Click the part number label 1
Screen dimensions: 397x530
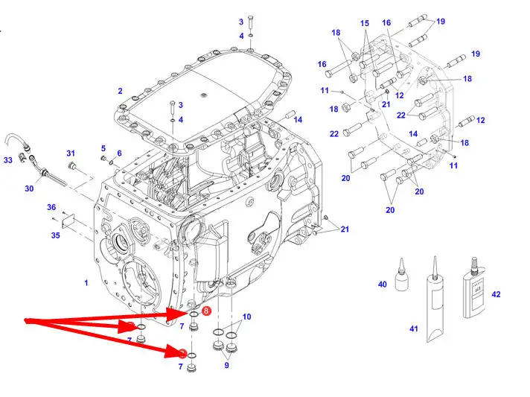point(86,283)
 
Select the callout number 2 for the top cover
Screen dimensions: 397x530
point(120,91)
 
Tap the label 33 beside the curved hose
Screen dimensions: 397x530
point(8,159)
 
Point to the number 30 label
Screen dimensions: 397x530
point(29,189)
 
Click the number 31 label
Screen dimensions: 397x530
point(71,153)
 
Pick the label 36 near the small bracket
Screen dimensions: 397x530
point(51,207)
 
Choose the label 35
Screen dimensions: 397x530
point(55,235)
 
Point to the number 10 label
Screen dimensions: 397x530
point(246,317)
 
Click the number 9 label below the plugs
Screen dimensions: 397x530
point(226,366)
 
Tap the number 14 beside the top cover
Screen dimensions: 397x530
point(298,119)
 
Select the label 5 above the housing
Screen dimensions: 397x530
point(103,148)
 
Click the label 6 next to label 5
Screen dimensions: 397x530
point(118,153)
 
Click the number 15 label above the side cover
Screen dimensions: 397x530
point(365,24)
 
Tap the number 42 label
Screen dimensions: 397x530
point(497,295)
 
